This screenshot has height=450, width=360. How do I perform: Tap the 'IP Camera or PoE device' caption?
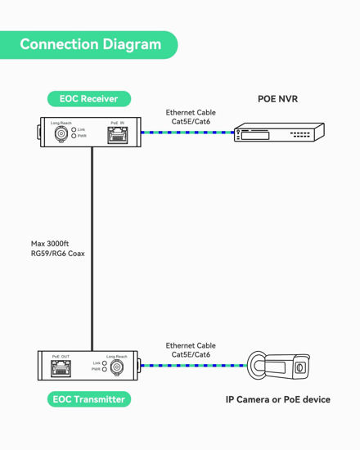click(x=278, y=399)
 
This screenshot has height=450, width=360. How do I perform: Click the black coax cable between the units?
click(x=92, y=245)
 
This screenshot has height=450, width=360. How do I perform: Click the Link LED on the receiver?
click(x=74, y=129)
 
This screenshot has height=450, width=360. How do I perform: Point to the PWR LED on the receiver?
click(x=74, y=136)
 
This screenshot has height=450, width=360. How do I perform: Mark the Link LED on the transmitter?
click(x=105, y=362)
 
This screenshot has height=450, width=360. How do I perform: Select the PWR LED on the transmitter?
click(x=105, y=370)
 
